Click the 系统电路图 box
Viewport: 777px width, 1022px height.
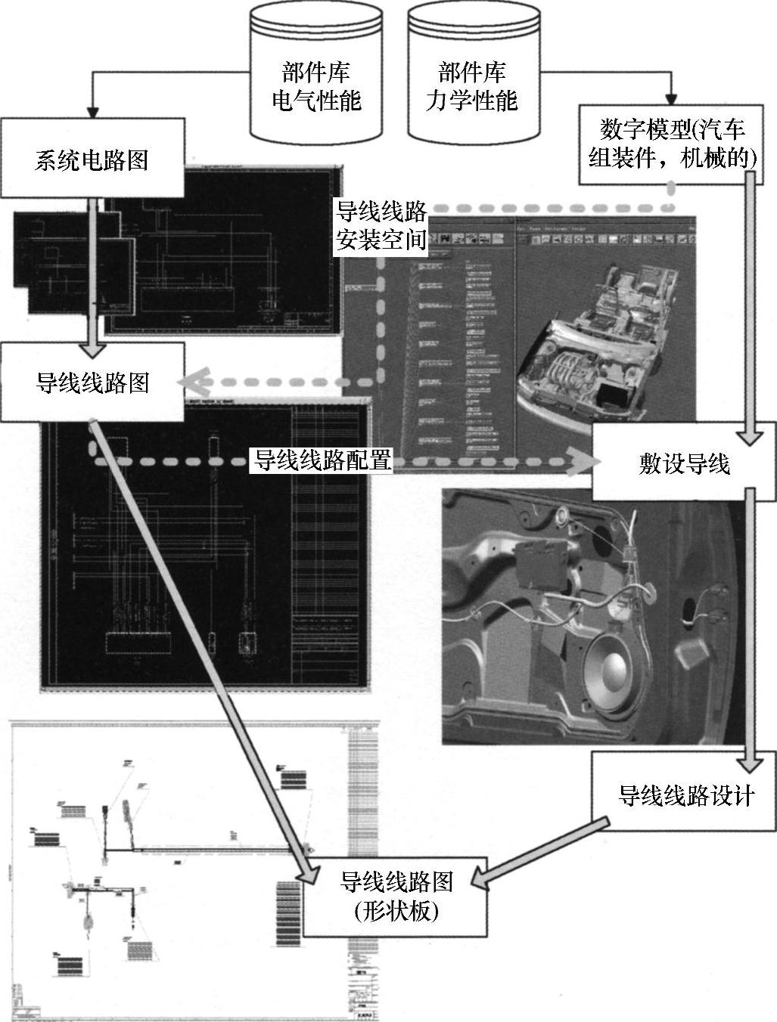[x=92, y=159]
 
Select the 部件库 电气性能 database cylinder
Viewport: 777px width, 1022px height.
[x=316, y=76]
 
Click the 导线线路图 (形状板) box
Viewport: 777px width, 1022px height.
[x=395, y=896]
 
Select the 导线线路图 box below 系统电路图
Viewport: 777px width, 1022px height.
[x=92, y=382]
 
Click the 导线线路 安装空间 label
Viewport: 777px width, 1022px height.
[x=381, y=225]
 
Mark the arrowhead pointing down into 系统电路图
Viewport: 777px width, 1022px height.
[x=92, y=110]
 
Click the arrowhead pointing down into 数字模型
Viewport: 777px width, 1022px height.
[x=670, y=99]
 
